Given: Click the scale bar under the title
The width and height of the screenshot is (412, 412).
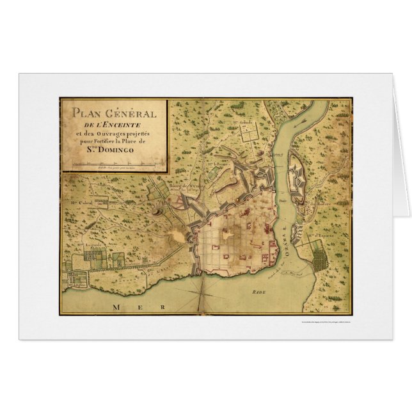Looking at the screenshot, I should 114,165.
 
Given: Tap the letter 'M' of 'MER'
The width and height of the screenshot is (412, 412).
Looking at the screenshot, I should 115,308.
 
